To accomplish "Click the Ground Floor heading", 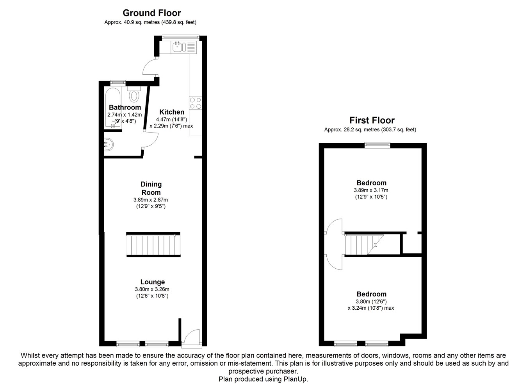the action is pos(152,13).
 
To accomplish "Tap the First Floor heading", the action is pos(372,120).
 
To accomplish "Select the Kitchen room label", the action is pos(172,112).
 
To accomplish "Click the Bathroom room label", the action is pos(125,108).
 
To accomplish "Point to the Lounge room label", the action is pos(153,282).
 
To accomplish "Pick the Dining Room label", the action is pos(151,188).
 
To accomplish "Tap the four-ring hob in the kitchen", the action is pos(196,103).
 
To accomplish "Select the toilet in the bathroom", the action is pos(134,94).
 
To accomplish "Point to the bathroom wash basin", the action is pos(109,144).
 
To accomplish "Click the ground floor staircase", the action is pos(153,245).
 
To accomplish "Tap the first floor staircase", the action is pos(364,244).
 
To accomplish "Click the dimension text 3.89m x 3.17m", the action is pos(371,190).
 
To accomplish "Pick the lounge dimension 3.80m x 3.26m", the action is pos(152,289).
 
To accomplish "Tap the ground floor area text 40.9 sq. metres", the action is pos(142,22).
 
